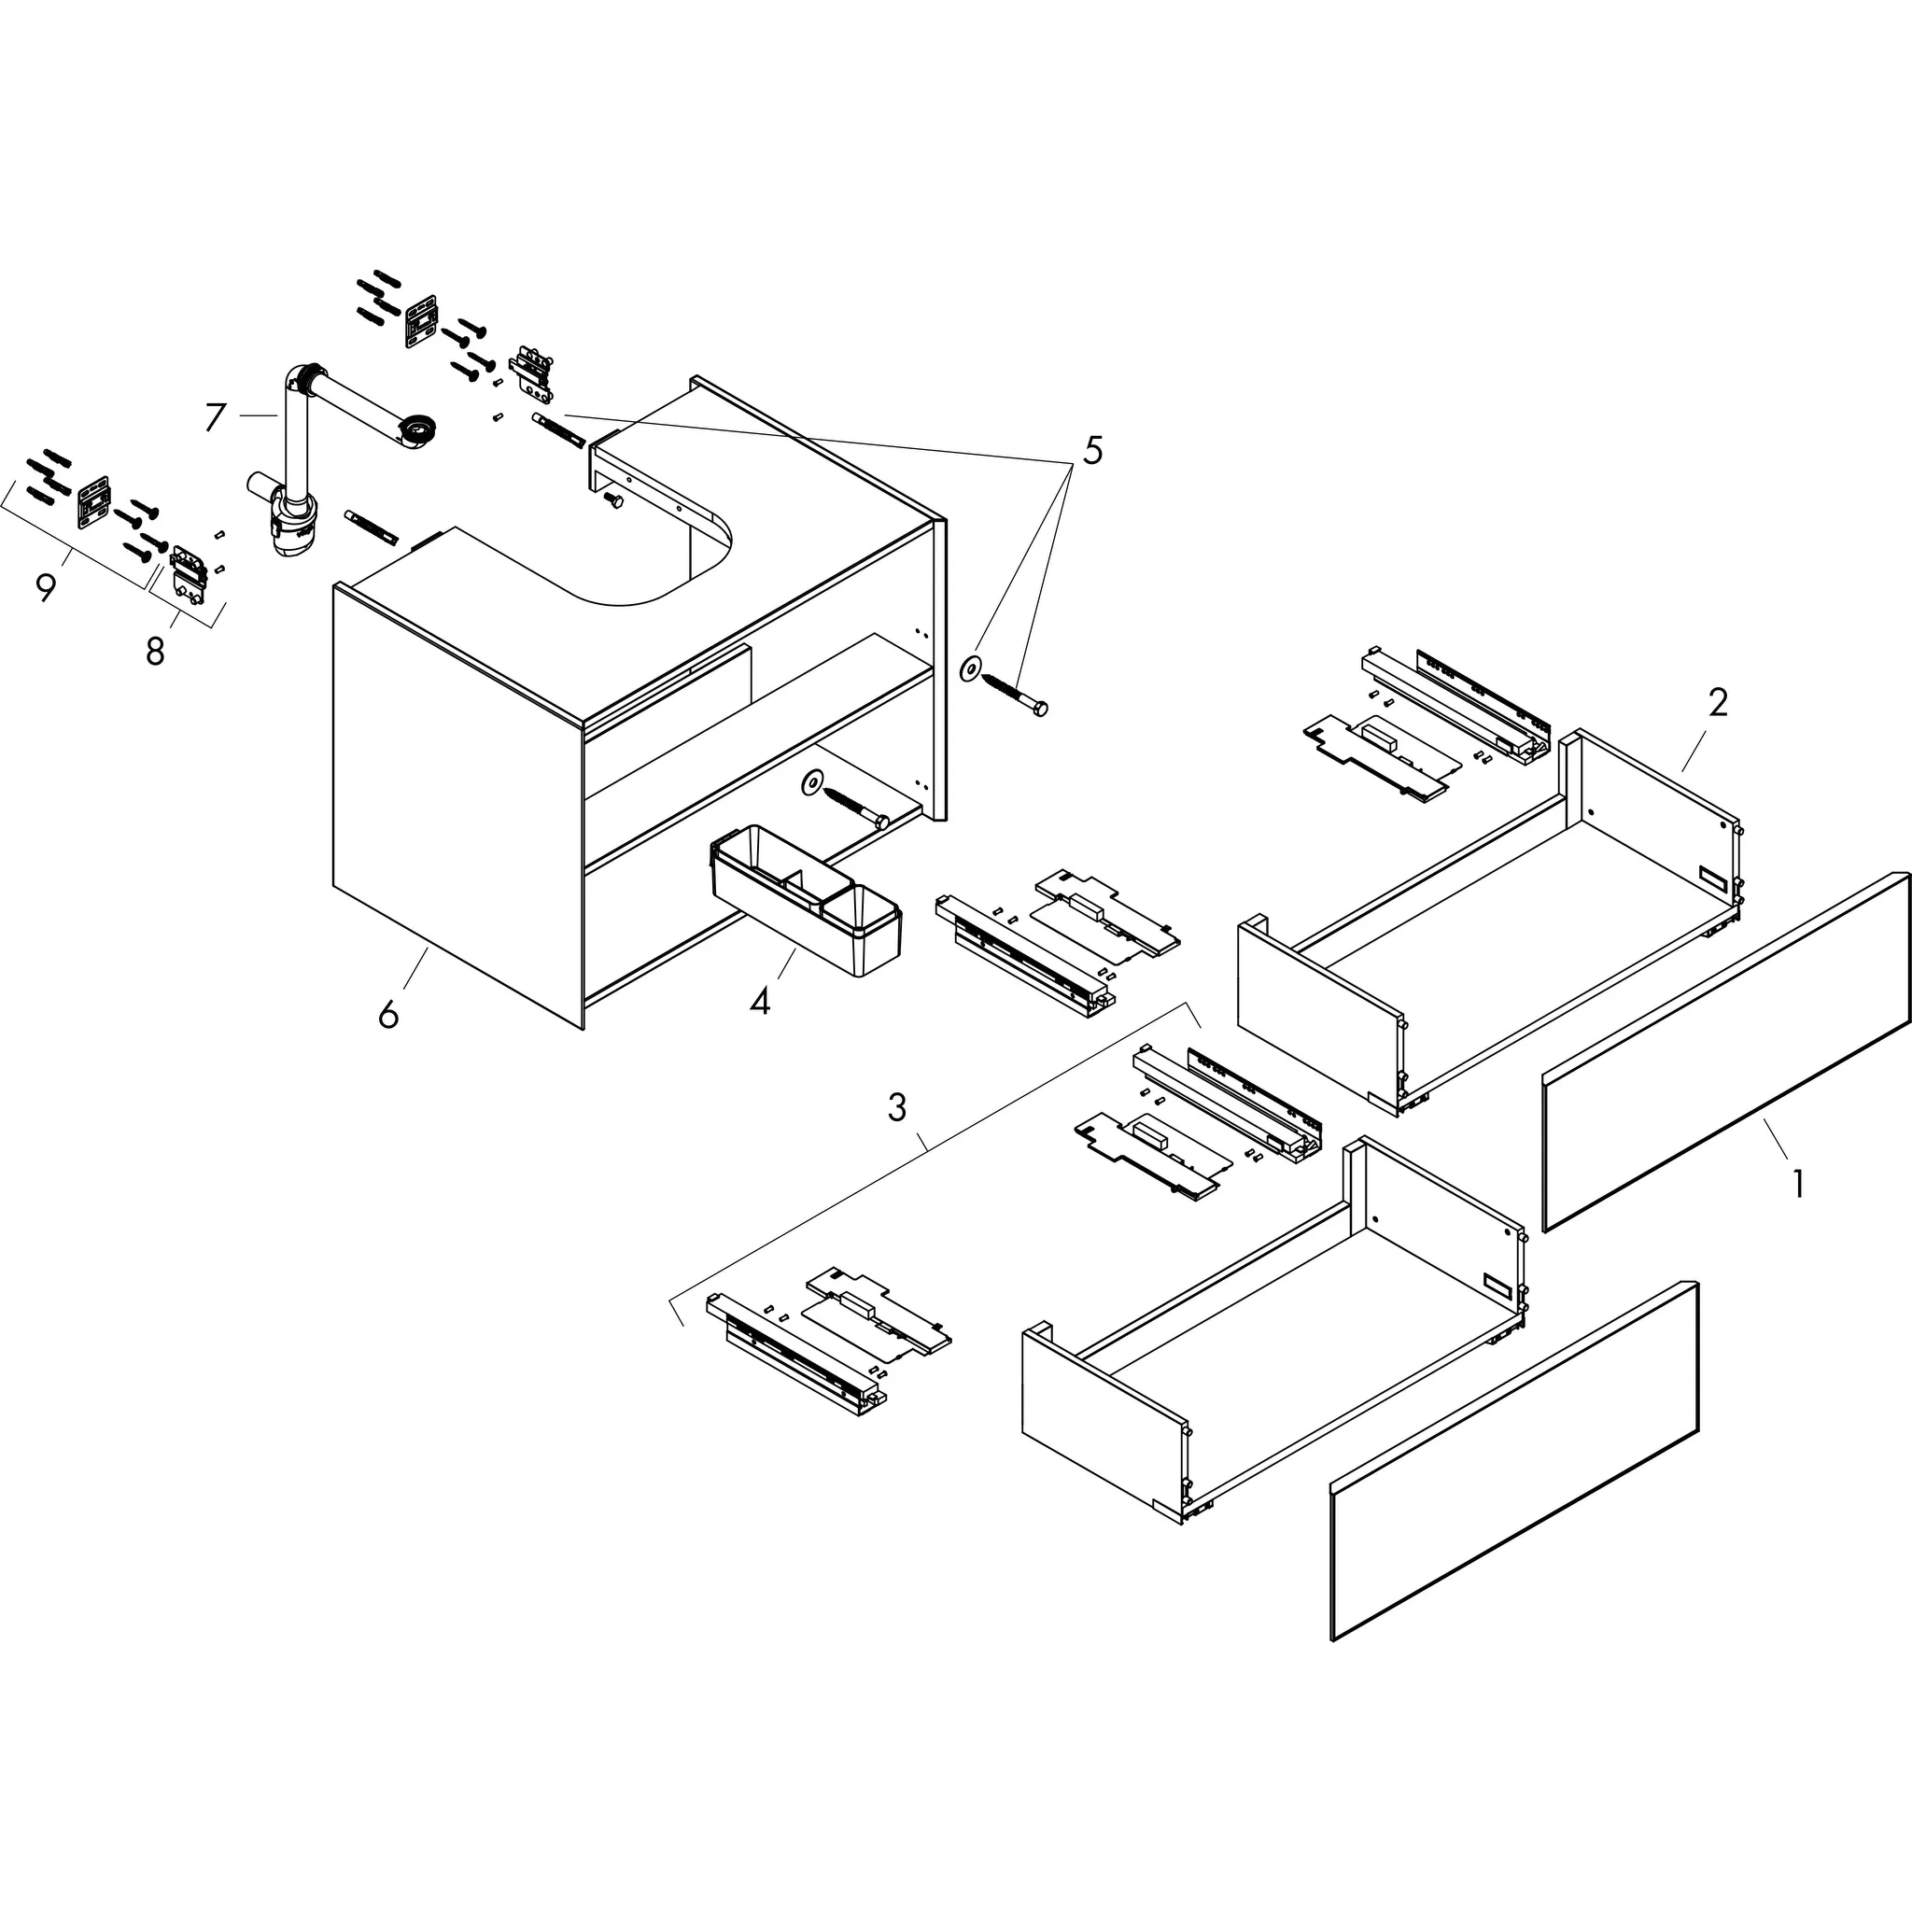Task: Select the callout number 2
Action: pos(1718,703)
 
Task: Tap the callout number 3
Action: pos(896,1107)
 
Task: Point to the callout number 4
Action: pos(759,1002)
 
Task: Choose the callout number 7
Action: pos(216,416)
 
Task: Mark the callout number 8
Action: pos(155,652)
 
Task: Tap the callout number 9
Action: pos(46,588)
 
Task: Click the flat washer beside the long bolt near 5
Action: pos(970,670)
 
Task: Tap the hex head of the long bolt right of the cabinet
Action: pos(1039,709)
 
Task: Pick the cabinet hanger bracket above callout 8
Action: pos(190,572)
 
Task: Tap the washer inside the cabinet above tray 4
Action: pos(812,782)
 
